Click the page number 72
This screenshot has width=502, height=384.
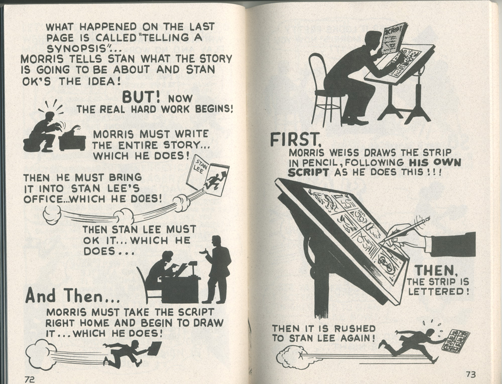pos(30,379)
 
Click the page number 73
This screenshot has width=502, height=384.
pos(471,374)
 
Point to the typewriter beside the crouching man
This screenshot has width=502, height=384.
pos(72,138)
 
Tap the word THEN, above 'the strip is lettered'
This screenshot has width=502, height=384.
pos(436,271)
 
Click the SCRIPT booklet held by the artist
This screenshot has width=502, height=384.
pos(394,38)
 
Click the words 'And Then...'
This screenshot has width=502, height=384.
pos(73,296)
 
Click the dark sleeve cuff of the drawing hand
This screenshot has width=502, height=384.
pos(453,244)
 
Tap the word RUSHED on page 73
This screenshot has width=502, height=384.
pos(354,329)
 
